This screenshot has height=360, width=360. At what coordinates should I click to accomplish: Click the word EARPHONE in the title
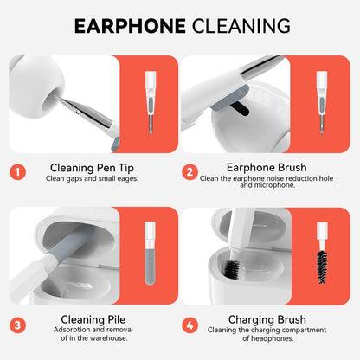click(x=130, y=26)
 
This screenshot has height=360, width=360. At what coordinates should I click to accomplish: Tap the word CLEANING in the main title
click(x=241, y=26)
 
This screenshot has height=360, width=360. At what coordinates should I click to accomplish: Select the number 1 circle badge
click(x=17, y=172)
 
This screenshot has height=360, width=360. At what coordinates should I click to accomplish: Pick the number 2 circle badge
click(x=190, y=172)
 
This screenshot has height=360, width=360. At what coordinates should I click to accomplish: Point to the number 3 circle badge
click(x=17, y=325)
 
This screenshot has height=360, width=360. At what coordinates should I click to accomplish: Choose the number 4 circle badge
click(x=190, y=325)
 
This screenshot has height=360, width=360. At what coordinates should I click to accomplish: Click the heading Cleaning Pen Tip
click(x=92, y=168)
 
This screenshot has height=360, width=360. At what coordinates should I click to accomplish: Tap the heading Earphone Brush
click(x=267, y=168)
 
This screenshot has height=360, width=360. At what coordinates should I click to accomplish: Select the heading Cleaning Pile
click(x=93, y=319)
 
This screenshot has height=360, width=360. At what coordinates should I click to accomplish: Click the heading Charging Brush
click(x=267, y=320)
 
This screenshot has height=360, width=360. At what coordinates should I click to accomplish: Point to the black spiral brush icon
click(x=322, y=267)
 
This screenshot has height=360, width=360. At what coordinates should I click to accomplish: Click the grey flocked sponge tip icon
click(x=150, y=267)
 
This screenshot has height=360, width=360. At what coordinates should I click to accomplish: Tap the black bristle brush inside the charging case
click(x=232, y=270)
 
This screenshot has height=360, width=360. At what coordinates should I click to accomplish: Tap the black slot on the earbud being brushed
click(x=239, y=108)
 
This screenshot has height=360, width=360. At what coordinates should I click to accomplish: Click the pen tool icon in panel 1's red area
click(x=150, y=103)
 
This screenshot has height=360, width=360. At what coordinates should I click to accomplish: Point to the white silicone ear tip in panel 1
click(x=36, y=86)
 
